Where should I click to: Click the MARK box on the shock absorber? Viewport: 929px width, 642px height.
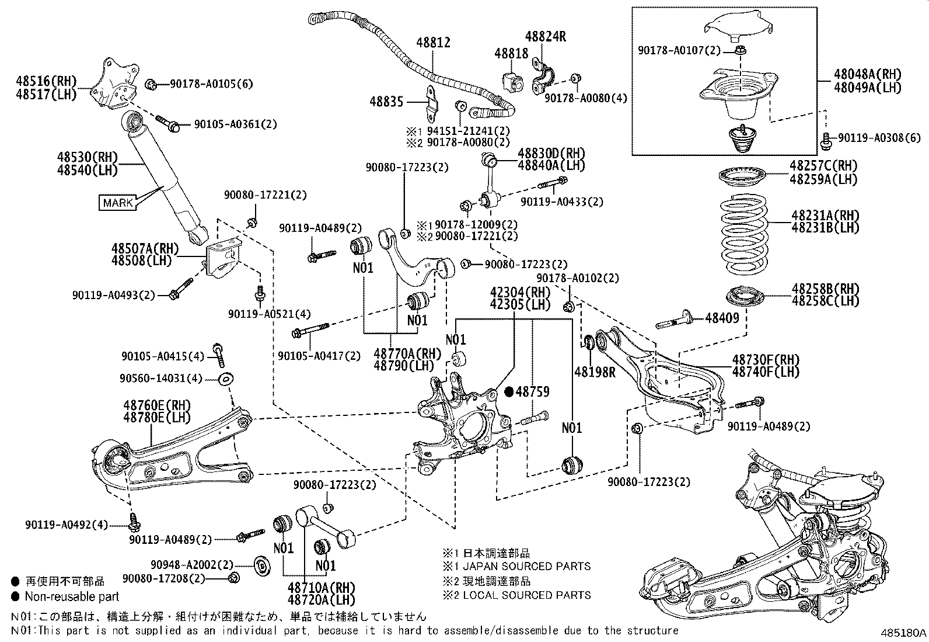pyautogui.click(x=118, y=203)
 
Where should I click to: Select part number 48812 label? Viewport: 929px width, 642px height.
pyautogui.click(x=433, y=43)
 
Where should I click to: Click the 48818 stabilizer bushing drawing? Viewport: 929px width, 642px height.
pyautogui.click(x=511, y=79)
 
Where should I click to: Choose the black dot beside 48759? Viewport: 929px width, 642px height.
pyautogui.click(x=508, y=392)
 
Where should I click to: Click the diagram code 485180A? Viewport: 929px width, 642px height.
pyautogui.click(x=903, y=633)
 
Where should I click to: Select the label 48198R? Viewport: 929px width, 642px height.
pyautogui.click(x=595, y=372)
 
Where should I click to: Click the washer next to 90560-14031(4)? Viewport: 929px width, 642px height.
pyautogui.click(x=225, y=379)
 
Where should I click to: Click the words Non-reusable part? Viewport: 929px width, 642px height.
pyautogui.click(x=72, y=596)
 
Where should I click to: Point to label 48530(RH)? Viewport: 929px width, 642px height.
pyautogui.click(x=88, y=157)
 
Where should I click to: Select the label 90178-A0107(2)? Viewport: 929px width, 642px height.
pyautogui.click(x=679, y=51)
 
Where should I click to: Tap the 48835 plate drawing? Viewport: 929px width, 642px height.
pyautogui.click(x=432, y=101)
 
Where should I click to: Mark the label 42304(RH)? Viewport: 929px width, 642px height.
pyautogui.click(x=512, y=291)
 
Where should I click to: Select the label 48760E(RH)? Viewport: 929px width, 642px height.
pyautogui.click(x=156, y=405)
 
